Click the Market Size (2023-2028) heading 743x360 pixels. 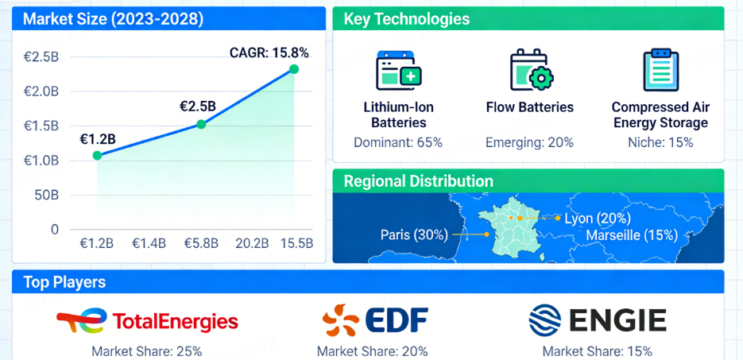[x=113, y=19]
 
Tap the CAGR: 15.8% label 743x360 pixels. [x=269, y=53]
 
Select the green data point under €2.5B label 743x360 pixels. [x=201, y=124]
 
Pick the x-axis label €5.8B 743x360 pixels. [x=201, y=243]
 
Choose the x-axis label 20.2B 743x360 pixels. [x=251, y=243]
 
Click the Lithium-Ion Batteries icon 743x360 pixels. [x=398, y=70]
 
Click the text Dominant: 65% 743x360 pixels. [x=398, y=143]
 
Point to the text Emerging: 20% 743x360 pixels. [x=529, y=143]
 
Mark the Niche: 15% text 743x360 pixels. [x=660, y=143]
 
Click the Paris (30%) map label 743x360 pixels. [x=414, y=234]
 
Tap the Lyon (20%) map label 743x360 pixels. [x=597, y=219]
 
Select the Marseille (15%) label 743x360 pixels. [x=631, y=235]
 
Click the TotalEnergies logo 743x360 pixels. [x=148, y=321]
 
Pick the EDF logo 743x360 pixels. [x=375, y=321]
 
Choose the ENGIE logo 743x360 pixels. [x=598, y=321]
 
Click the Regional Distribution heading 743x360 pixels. [x=418, y=181]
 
